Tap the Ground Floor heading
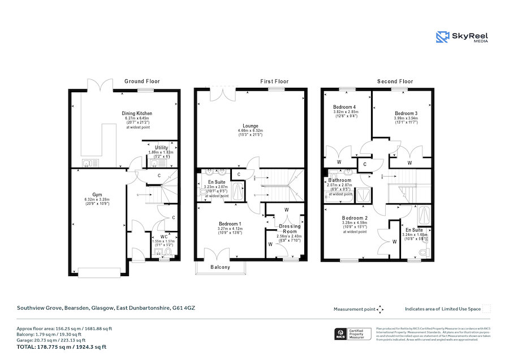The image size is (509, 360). coord(142,82)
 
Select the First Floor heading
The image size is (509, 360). coord(274,82)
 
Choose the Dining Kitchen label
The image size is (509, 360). coord(137,113)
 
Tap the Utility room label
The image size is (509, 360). coord(162,147)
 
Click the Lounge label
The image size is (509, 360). coord(251,126)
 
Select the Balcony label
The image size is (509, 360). coord(220,267)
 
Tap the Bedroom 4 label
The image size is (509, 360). coord(344,107)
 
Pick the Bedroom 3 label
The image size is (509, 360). coord(406,113)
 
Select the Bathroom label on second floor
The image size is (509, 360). coord(339,180)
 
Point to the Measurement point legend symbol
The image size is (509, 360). coord(380,309)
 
